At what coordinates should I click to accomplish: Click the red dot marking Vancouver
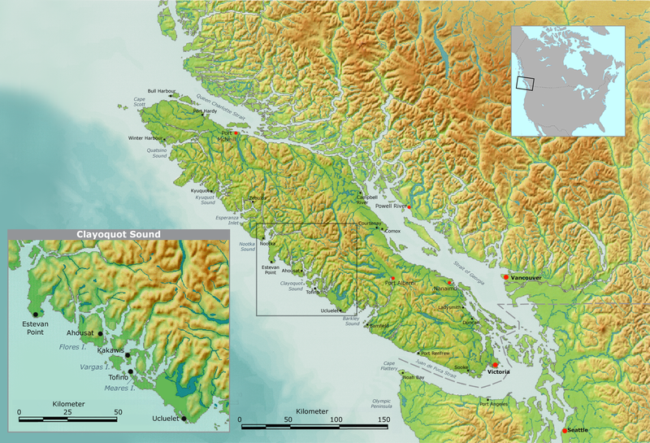(x=505, y=278)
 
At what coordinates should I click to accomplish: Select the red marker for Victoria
(x=495, y=365)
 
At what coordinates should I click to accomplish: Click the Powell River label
(x=392, y=206)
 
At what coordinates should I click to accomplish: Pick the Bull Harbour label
(x=161, y=91)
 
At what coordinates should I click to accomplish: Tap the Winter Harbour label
(x=145, y=138)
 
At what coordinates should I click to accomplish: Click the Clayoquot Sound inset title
(x=119, y=234)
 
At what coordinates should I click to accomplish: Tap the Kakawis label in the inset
(x=110, y=350)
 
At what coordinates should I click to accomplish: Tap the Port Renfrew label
(x=436, y=354)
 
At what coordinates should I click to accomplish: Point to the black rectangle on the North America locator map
(x=526, y=82)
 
